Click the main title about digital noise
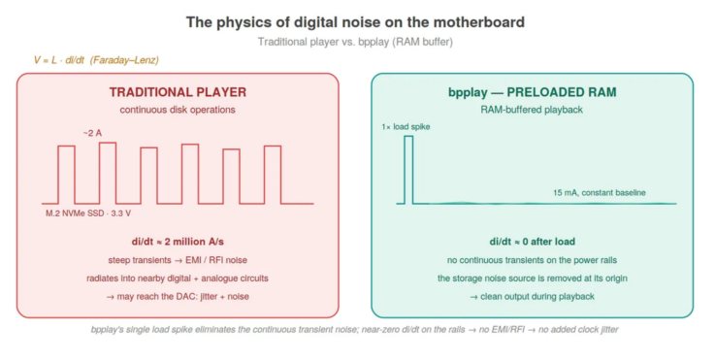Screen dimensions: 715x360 point(355,22)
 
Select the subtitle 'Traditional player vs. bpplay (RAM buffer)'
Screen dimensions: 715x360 point(355,42)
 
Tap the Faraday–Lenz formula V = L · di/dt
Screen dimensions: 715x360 point(96,60)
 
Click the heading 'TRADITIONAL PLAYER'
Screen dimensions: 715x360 point(178,92)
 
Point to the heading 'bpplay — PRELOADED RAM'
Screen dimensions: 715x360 point(533,92)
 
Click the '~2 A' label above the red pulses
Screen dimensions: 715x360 point(92,133)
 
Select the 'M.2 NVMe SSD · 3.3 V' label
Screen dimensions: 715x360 point(88,213)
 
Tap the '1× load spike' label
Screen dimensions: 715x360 point(406,127)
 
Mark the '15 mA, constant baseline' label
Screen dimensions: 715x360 point(600,192)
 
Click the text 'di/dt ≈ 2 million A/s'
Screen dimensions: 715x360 point(178,242)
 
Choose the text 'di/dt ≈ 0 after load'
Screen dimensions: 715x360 point(533,242)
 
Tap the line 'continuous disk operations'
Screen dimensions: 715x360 point(178,110)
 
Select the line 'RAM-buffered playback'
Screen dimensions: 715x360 point(532,110)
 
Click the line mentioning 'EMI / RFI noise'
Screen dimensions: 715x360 point(178,260)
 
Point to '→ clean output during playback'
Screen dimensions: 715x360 point(533,297)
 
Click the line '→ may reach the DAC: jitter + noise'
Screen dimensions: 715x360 point(178,297)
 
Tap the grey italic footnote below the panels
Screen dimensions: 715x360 point(355,329)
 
